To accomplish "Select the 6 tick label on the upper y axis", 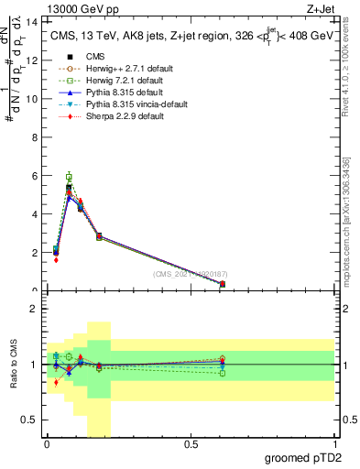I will coord(34,176).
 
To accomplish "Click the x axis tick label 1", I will coord(335,447).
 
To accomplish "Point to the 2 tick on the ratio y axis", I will coord(34,309).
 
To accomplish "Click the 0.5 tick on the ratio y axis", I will coord(30,420).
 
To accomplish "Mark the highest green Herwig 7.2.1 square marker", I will coord(69,176).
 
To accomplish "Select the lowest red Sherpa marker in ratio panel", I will coord(56,382).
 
